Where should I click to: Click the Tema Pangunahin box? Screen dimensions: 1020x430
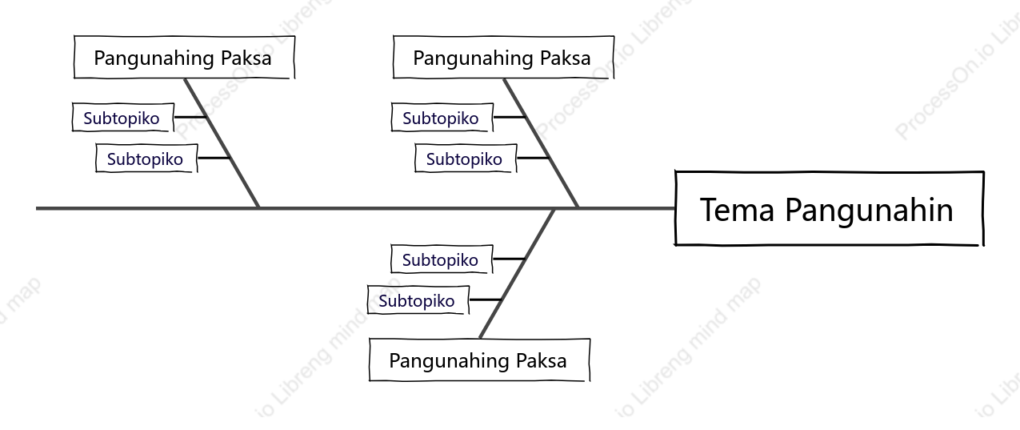click(x=830, y=208)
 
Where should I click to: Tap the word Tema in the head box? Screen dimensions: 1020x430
click(x=737, y=210)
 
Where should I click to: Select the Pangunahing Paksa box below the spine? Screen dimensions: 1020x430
click(x=479, y=360)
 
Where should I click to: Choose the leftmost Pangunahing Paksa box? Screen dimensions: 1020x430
click(x=185, y=57)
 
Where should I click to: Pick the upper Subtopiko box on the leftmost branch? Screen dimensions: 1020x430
click(x=123, y=118)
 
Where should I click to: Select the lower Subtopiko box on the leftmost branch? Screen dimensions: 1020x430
click(x=146, y=159)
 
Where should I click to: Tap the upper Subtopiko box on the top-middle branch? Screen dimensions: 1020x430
click(x=442, y=118)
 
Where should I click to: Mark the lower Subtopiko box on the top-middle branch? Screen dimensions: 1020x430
click(x=466, y=159)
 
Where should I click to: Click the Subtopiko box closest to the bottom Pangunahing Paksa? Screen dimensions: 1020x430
click(x=418, y=300)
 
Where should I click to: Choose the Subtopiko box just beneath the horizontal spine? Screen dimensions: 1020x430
click(x=442, y=259)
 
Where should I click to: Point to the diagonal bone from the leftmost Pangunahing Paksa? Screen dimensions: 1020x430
click(x=222, y=143)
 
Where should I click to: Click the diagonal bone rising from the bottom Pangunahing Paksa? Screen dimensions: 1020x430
click(x=517, y=274)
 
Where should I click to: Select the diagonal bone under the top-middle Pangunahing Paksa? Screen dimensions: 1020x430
click(x=541, y=143)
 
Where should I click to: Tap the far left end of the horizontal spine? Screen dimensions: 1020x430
click(x=37, y=208)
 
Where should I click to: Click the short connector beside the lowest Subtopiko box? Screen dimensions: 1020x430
click(x=486, y=299)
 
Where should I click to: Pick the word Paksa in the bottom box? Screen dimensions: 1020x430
click(x=542, y=360)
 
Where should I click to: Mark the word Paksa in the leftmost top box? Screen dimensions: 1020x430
click(x=246, y=58)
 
